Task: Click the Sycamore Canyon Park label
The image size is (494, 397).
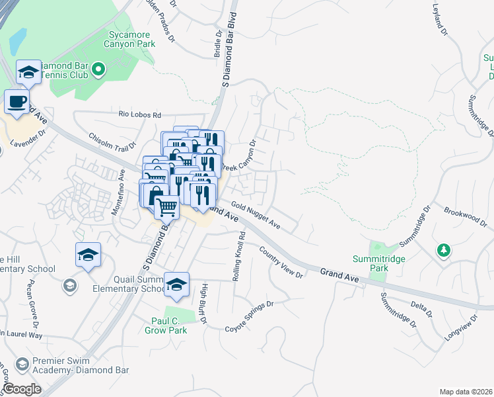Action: [x=129, y=38]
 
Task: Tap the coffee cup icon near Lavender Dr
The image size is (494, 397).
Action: [x=17, y=103]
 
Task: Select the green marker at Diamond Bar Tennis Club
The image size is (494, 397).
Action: [x=98, y=69]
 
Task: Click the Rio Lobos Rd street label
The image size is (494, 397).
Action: [x=140, y=114]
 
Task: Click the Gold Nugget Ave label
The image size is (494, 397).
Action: [x=256, y=217]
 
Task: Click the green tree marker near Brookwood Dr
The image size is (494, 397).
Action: [x=444, y=250]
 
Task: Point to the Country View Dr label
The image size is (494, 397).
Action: [x=282, y=262]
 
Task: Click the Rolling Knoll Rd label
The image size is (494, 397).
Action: [x=239, y=257]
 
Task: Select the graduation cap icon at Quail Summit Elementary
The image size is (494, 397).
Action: [x=176, y=285]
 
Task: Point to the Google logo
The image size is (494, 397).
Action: [x=22, y=389]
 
